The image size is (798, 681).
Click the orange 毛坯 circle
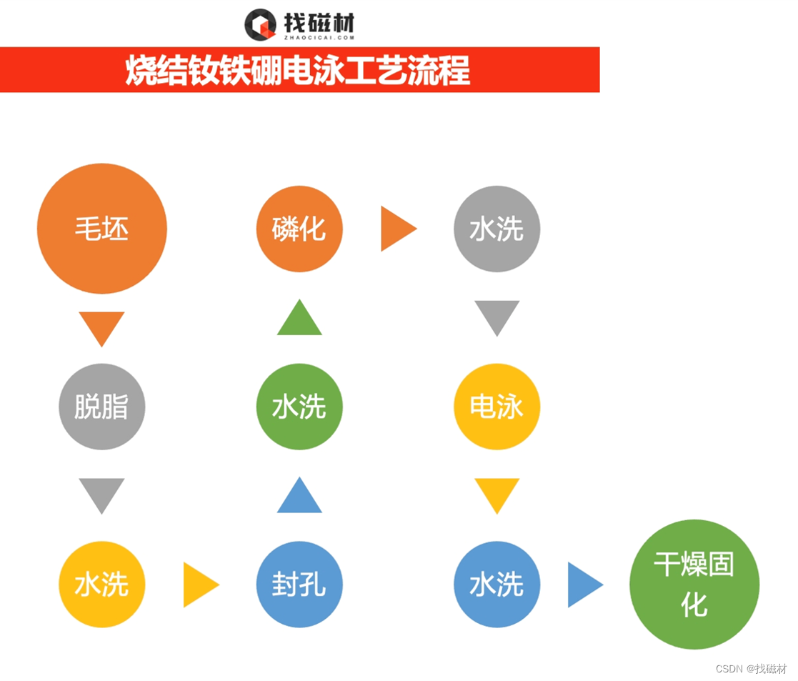101,229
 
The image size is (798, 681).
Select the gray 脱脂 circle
101,407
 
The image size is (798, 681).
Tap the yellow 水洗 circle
101,585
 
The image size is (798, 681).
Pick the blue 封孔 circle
299,585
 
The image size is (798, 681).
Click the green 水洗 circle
299,407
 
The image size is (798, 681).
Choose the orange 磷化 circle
299,229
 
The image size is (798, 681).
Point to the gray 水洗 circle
497,229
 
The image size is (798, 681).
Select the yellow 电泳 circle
497,407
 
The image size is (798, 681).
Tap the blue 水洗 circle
497,585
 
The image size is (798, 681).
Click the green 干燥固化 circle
694,585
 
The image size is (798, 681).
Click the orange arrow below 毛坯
101,327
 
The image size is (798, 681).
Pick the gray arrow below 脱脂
101,494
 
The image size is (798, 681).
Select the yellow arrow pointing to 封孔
199,585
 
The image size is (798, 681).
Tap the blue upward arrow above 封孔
299,497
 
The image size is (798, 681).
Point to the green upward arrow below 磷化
299,319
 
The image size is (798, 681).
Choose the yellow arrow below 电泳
497,494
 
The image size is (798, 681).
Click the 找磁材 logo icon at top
260,25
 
